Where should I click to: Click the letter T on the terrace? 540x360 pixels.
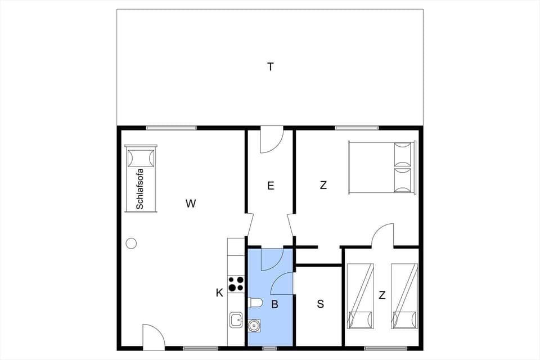(271, 67)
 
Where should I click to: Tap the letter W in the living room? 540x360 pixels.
(191, 204)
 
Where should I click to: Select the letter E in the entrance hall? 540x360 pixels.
(271, 186)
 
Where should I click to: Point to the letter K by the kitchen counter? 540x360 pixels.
(219, 292)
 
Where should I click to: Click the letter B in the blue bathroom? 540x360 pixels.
(274, 304)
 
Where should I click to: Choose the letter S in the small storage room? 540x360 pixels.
(320, 304)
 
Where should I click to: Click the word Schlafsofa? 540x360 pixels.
(140, 189)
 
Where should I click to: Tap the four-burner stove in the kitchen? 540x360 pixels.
(236, 283)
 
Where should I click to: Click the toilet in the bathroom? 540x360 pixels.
(255, 303)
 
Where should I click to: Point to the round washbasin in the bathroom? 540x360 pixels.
(254, 325)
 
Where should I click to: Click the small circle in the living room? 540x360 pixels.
(131, 243)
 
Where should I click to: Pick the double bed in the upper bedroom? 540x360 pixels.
(382, 168)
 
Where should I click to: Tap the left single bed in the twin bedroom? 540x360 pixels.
(361, 295)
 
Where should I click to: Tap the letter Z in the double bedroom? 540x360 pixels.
(323, 185)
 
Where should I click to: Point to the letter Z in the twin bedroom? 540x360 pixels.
(382, 294)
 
